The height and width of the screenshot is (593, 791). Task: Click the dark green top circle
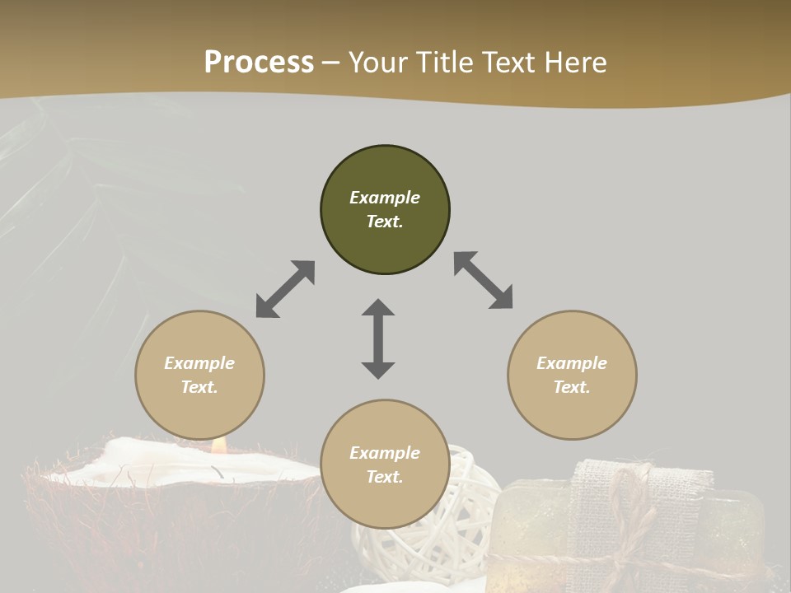pyautogui.click(x=385, y=210)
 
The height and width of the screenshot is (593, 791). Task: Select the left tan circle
pyautogui.click(x=199, y=375)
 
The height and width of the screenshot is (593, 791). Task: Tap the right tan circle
pyautogui.click(x=572, y=375)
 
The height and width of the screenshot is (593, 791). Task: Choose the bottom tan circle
pyautogui.click(x=385, y=465)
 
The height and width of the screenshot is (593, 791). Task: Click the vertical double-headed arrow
pyautogui.click(x=378, y=339)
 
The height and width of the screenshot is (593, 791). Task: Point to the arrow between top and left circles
pyautogui.click(x=285, y=289)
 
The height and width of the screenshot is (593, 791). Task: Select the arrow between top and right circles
pyautogui.click(x=484, y=281)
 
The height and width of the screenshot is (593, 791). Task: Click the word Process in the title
pyautogui.click(x=259, y=63)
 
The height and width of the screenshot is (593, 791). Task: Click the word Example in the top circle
pyautogui.click(x=385, y=198)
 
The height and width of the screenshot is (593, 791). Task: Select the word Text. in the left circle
pyautogui.click(x=199, y=387)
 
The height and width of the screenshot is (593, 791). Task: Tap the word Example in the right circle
pyautogui.click(x=572, y=363)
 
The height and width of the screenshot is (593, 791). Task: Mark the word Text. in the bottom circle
pyautogui.click(x=385, y=477)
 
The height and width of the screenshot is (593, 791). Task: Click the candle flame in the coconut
pyautogui.click(x=219, y=445)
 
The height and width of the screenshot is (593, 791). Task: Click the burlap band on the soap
pyautogui.click(x=601, y=511)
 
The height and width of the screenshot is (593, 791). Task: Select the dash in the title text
pyautogui.click(x=331, y=63)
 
